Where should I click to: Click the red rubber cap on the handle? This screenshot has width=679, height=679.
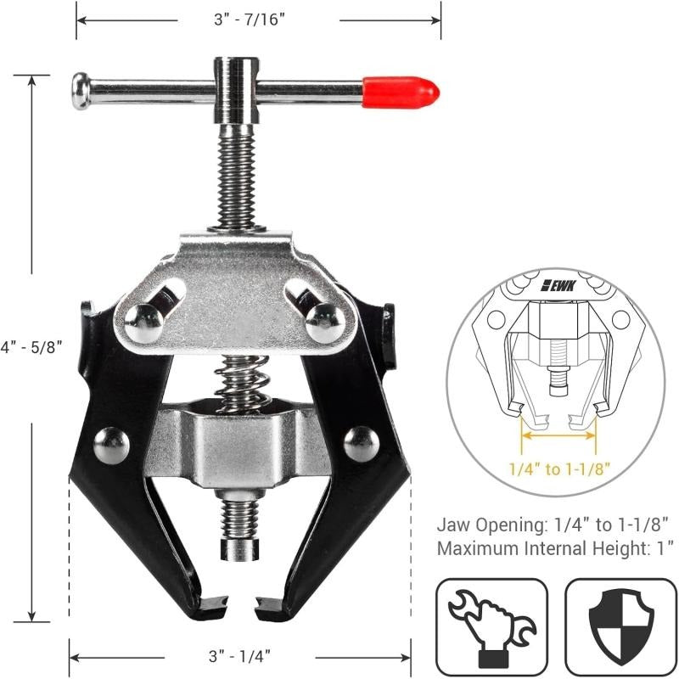pyautogui.click(x=400, y=91)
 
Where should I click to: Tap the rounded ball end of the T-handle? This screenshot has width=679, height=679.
pyautogui.click(x=81, y=91)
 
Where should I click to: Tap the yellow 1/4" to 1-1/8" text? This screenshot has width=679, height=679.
pyautogui.click(x=560, y=469)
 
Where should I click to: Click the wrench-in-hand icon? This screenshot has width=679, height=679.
pyautogui.click(x=491, y=626)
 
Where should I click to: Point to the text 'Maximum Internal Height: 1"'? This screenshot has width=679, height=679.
pyautogui.click(x=556, y=548)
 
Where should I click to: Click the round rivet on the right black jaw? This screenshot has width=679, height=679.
pyautogui.click(x=362, y=441)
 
